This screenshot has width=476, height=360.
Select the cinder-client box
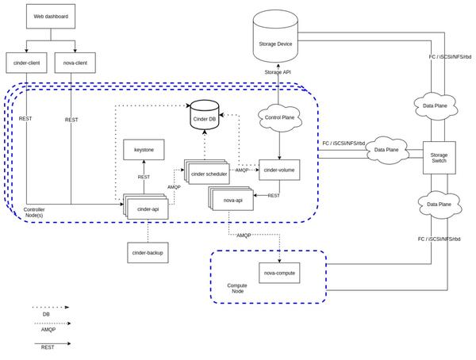pyautogui.click(x=26, y=63)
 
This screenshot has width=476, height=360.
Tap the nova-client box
pyautogui.click(x=75, y=63)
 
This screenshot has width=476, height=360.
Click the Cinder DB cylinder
pyautogui.click(x=205, y=117)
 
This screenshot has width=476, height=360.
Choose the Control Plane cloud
pyautogui.click(x=279, y=117)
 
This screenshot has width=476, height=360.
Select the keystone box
pyautogui.click(x=144, y=149)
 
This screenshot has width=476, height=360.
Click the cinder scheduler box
pyautogui.click(x=209, y=174)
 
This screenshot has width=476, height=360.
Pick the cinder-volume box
pyautogui.click(x=279, y=170)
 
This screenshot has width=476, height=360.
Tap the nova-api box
pyautogui.click(x=233, y=201)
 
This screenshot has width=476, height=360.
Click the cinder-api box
pyautogui.click(x=148, y=209)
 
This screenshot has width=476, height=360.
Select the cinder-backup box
pyautogui.click(x=148, y=252)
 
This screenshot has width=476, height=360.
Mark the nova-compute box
pyautogui.click(x=279, y=273)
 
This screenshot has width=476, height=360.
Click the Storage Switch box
pyautogui.click(x=439, y=158)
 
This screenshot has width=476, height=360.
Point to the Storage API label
pyautogui.click(x=278, y=72)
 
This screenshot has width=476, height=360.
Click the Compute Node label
pyautogui.click(x=237, y=289)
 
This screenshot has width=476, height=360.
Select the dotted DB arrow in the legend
pyautogui.click(x=51, y=307)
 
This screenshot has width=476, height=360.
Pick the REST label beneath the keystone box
pyautogui.click(x=144, y=177)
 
